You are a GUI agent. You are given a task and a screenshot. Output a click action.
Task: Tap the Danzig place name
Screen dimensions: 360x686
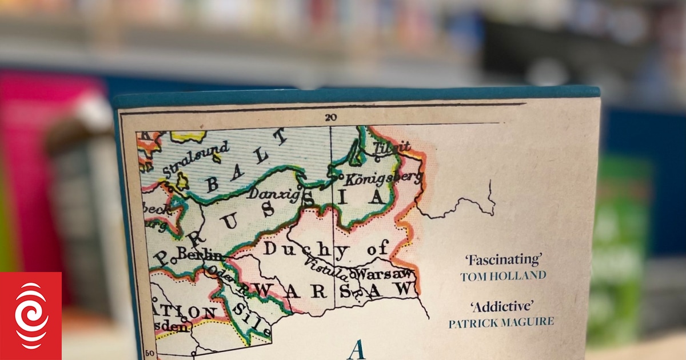[274, 194]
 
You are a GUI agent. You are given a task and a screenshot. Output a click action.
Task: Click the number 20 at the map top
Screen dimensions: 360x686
[330, 118]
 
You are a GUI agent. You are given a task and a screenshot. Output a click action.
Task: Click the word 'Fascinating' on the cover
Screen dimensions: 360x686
[502, 260]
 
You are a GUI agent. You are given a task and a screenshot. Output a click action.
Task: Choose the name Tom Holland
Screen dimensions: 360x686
[503, 276]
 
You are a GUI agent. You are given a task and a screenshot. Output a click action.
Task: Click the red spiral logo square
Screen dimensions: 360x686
[31, 316]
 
